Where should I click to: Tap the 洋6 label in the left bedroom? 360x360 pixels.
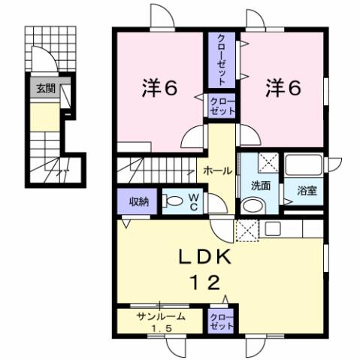click(x=159, y=88)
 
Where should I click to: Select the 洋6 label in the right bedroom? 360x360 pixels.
click(x=283, y=88)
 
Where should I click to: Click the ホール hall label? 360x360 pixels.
click(x=218, y=171)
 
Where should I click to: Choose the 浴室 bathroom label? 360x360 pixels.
click(x=307, y=191)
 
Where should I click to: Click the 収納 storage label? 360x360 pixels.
click(x=138, y=201)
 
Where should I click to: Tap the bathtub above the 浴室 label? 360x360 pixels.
click(x=305, y=165)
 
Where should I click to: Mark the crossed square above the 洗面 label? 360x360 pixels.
click(x=267, y=163)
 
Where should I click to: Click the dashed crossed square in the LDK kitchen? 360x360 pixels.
click(x=247, y=230)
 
